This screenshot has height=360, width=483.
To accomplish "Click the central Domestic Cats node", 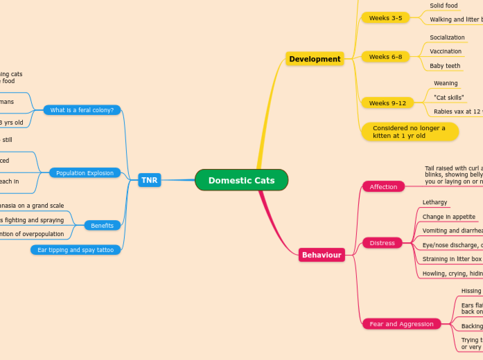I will coord(241,180).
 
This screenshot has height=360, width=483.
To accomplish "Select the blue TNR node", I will coord(149,180).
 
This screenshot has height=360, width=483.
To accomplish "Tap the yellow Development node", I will coord(315,59).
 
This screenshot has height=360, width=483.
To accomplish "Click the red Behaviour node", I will coord(322,255).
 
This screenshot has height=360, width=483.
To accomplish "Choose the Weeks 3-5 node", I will coord(385,18).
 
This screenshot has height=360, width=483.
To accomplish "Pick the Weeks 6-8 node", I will coord(385,57).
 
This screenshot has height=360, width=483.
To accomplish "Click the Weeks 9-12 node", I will coord(387,103).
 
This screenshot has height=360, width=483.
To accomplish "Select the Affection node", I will coord(383,187).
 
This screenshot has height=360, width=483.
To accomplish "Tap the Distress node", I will coord(382,243).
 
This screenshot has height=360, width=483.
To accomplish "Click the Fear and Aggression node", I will coord(402,324).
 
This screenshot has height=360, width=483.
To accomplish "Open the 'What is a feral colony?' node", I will coord(82,110).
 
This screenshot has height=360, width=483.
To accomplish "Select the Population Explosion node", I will coord(85,173).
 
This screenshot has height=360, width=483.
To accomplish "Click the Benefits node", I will coord(103,226).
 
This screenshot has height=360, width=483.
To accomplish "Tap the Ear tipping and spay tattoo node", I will coord(76,250).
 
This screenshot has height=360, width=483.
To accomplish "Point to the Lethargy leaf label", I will coord(435,203).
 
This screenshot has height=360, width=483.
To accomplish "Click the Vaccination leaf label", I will coord(445,51).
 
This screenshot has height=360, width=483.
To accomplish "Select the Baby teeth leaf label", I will coord(444,66).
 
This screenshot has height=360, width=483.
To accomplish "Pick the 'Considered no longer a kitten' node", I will coord(410,132).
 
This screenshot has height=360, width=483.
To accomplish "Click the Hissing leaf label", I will coord(471,291).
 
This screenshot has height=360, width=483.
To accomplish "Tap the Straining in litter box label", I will coord(451,259).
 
